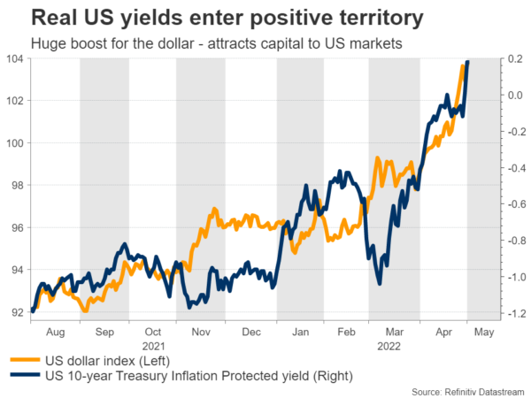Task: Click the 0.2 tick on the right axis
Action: tap(515, 58)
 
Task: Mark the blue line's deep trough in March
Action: tap(379, 283)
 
